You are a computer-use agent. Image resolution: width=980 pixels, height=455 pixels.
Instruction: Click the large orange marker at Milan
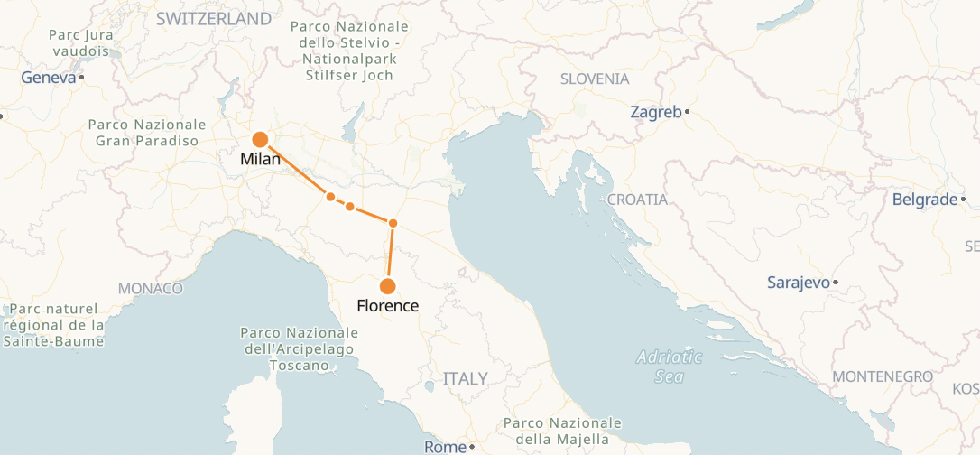click(260, 139)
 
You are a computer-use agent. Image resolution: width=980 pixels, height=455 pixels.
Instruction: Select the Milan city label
click(261, 159)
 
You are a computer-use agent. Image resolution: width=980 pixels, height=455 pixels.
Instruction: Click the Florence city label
click(388, 306)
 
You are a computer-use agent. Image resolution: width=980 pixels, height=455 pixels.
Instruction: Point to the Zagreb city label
click(655, 112)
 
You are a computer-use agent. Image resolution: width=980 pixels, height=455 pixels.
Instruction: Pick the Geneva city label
click(49, 78)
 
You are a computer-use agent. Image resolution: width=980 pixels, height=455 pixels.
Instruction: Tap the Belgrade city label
click(924, 200)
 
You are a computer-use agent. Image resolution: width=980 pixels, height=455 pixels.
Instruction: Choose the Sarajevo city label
click(798, 283)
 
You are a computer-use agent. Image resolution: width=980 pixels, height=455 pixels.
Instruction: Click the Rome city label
click(445, 447)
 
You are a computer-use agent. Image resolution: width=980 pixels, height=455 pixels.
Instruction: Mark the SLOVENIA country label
click(595, 79)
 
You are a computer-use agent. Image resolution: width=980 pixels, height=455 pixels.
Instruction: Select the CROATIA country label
click(637, 200)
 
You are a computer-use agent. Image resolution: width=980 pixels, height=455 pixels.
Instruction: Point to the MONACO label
click(150, 289)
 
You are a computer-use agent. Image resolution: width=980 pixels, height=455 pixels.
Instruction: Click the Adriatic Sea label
click(669, 367)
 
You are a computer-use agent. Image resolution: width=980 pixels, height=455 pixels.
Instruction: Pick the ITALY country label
click(465, 378)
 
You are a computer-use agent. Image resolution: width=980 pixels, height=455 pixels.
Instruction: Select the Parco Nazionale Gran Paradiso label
click(147, 133)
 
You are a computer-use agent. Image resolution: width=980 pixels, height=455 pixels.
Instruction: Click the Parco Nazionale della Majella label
click(563, 432)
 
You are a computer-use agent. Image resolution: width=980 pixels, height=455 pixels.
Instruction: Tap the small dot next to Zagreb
click(688, 112)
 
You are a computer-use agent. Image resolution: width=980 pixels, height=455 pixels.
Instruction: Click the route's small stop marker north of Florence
click(393, 223)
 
